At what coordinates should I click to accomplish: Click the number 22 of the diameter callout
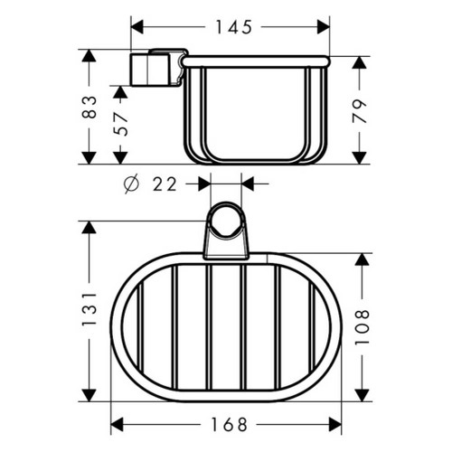tap(163, 184)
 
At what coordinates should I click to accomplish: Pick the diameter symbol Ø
tap(129, 184)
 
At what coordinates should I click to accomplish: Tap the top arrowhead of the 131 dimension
tap(89, 229)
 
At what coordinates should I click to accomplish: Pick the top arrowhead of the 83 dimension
tap(89, 56)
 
